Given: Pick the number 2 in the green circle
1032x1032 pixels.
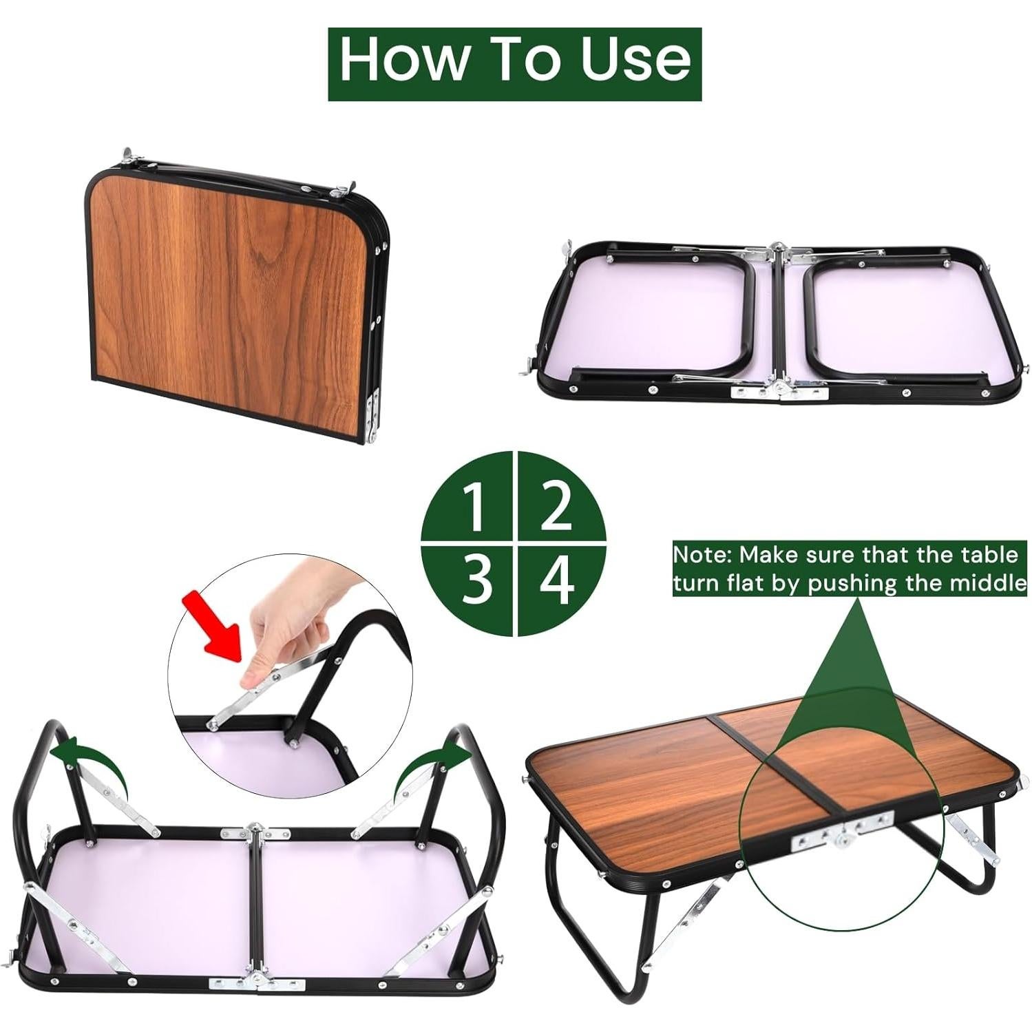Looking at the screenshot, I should (x=556, y=505).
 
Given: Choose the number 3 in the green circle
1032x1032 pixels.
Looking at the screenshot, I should (x=476, y=580).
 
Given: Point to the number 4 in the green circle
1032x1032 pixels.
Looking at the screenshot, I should (x=556, y=580).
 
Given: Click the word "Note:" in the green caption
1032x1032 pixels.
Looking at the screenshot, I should (x=702, y=554).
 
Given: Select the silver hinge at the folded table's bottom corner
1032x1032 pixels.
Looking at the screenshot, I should (x=374, y=417).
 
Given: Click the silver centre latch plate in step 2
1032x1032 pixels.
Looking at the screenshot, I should (x=779, y=390).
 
